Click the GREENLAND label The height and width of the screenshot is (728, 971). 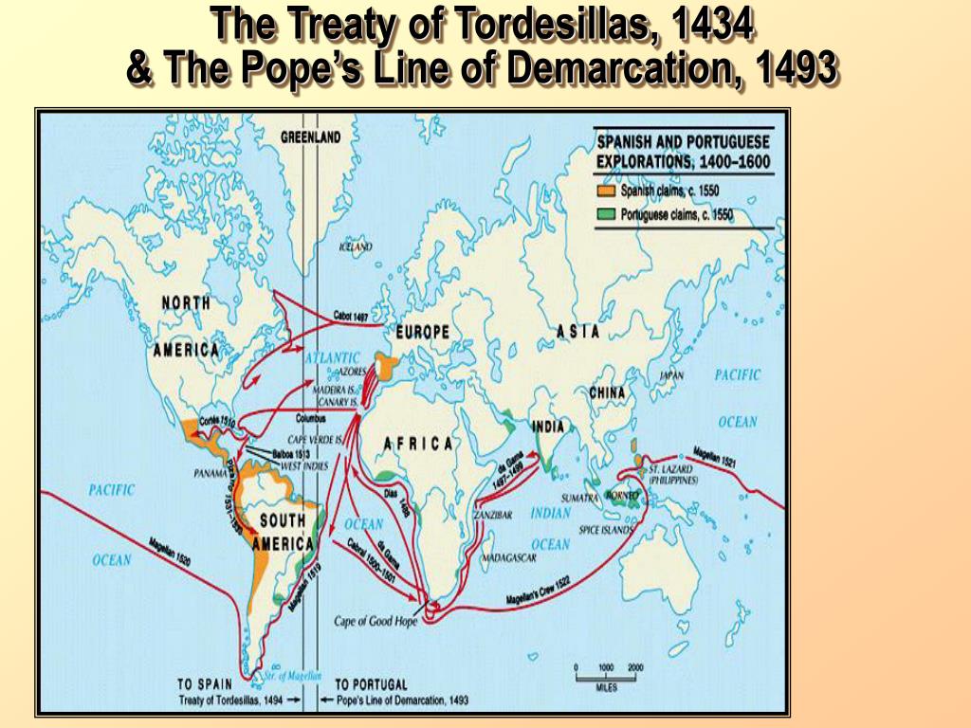tap(310, 137)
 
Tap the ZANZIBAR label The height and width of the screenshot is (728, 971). tap(493, 515)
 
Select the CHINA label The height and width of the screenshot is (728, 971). tap(607, 392)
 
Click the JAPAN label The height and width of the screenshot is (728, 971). tap(671, 375)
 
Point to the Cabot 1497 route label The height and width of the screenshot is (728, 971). tap(351, 317)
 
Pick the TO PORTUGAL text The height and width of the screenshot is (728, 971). tap(371, 684)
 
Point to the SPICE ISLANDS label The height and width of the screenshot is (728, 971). tap(605, 530)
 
